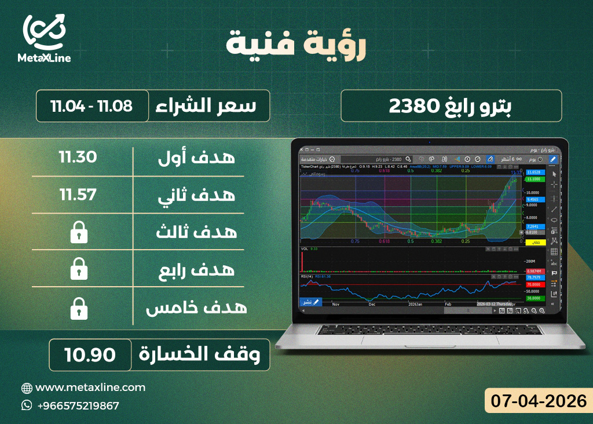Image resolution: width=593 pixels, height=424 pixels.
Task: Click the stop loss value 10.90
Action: point(90,354)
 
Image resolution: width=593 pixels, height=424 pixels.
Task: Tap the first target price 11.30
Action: point(78,157)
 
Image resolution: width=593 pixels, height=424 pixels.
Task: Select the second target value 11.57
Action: point(78,195)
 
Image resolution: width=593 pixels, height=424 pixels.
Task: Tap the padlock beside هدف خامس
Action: point(78,309)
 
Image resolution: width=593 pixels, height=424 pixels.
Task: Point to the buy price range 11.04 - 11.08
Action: point(91,106)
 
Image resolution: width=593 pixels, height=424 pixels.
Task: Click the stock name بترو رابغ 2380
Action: point(451,106)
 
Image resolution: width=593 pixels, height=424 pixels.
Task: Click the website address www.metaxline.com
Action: point(90,388)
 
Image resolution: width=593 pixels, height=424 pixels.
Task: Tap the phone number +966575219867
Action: point(78,405)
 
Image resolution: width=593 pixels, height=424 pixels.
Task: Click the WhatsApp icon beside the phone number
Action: point(27,405)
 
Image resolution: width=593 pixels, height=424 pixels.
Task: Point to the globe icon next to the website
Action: point(27,388)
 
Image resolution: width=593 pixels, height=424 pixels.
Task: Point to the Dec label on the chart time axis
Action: point(372,304)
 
